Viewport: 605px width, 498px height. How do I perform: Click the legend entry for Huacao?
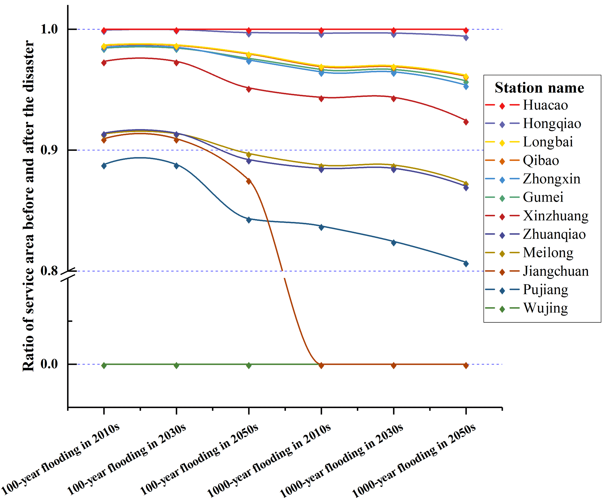pyautogui.click(x=545, y=105)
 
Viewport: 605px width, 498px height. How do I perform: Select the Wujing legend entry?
pyautogui.click(x=545, y=308)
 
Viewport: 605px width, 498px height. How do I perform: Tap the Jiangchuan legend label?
pyautogui.click(x=556, y=271)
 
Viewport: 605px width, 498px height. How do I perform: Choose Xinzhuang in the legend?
pyautogui.click(x=555, y=216)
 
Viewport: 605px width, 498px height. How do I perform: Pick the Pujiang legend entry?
pyautogui.click(x=545, y=290)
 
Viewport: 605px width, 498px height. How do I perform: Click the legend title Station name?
pyautogui.click(x=539, y=88)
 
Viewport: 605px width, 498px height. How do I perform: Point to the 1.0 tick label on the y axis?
pyautogui.click(x=49, y=29)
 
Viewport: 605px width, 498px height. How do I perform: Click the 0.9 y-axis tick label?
pyautogui.click(x=49, y=150)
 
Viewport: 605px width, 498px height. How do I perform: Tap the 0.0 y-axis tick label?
pyautogui.click(x=49, y=364)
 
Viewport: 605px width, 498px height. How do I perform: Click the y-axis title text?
pyautogui.click(x=28, y=205)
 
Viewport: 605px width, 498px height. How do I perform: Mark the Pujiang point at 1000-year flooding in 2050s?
pyautogui.click(x=466, y=263)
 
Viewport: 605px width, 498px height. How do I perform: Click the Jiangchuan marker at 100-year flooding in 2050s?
pyautogui.click(x=249, y=181)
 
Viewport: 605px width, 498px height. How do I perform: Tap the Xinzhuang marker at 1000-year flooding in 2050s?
pyautogui.click(x=466, y=122)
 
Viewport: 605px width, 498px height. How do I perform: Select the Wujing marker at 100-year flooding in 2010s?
pyautogui.click(x=104, y=365)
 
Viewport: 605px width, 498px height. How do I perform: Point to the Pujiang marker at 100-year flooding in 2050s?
pyautogui.click(x=249, y=220)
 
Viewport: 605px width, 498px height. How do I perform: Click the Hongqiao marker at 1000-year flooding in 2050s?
pyautogui.click(x=466, y=37)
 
